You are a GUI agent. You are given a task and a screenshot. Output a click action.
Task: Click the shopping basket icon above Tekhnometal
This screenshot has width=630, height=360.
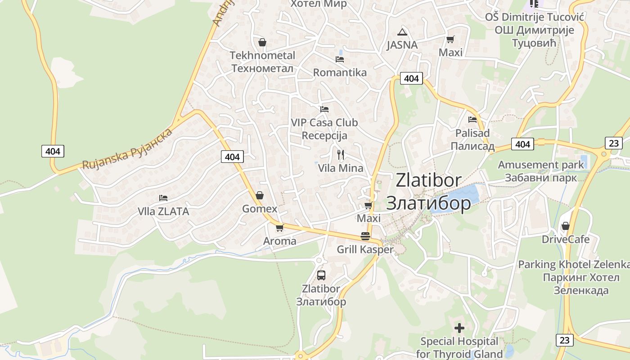[262, 43]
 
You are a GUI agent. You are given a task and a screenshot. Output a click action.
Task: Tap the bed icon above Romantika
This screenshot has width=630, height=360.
[340, 59]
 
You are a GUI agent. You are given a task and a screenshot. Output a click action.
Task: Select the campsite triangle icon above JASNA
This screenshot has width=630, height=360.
[402, 32]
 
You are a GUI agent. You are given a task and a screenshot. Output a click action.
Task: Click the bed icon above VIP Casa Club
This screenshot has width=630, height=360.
[324, 109]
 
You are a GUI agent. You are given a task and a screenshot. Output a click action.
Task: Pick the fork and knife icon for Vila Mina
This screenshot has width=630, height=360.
[341, 155]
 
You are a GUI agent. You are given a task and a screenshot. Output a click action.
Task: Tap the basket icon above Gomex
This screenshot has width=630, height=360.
[260, 195]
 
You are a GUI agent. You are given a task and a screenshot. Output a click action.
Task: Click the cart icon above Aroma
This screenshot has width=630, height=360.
[279, 228]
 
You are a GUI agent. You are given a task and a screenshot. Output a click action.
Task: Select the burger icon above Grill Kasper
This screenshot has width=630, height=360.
[365, 236]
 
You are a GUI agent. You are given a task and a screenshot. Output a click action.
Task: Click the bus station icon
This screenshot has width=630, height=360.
[321, 275]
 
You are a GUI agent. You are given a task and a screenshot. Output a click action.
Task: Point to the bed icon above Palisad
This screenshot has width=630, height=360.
[472, 120]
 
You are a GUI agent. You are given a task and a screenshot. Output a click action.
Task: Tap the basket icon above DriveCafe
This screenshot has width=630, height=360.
[566, 226]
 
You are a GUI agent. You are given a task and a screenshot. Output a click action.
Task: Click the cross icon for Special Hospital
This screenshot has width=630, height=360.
[459, 328]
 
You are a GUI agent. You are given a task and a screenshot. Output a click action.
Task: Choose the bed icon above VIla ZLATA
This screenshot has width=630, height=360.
[163, 198]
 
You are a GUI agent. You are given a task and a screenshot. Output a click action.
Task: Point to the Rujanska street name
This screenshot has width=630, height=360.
[127, 148]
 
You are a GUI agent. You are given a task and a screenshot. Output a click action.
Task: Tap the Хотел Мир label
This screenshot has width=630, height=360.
[319, 4]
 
